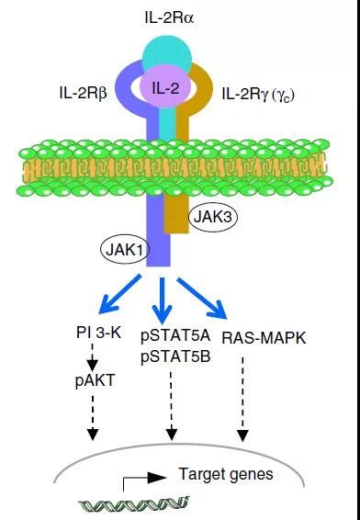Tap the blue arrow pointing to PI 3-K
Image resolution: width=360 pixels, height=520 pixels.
tap(116, 299)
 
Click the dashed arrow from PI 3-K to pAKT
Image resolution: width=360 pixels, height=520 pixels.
tap(92, 356)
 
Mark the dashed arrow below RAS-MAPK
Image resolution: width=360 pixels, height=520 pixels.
tap(243, 395)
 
